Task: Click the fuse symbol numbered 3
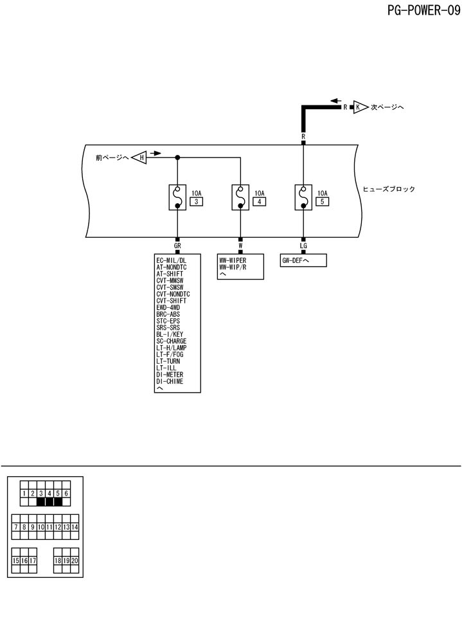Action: point(177,197)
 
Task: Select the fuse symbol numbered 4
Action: point(240,197)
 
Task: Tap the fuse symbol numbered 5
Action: point(303,197)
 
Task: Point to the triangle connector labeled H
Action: point(140,157)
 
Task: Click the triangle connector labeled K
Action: point(359,107)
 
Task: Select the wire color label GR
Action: point(177,246)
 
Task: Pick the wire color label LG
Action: point(303,246)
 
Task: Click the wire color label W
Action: point(240,246)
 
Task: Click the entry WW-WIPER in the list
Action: point(233,260)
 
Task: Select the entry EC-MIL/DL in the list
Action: point(171,260)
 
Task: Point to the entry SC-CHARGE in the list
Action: point(172,341)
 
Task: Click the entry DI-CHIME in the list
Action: point(170,382)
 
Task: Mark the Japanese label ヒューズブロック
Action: point(389,190)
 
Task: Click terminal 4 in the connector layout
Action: point(49,494)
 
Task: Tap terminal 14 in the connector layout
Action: point(75,527)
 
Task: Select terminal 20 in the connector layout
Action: point(75,560)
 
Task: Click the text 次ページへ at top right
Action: point(387,107)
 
